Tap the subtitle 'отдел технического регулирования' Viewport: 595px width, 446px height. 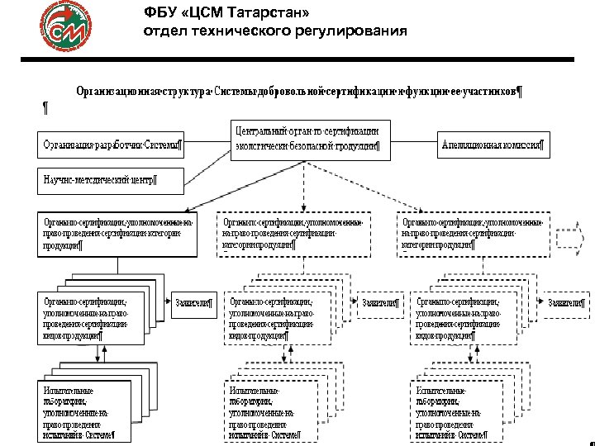click(x=275, y=31)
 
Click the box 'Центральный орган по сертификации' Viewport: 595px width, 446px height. click(x=307, y=138)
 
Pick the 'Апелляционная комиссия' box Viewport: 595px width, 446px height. click(x=492, y=146)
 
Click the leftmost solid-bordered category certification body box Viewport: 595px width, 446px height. click(x=117, y=235)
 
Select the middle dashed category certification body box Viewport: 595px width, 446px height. click(x=298, y=235)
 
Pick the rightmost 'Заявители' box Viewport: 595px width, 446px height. click(x=566, y=303)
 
